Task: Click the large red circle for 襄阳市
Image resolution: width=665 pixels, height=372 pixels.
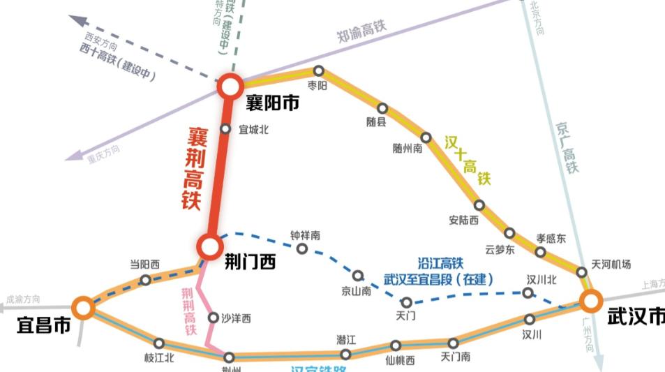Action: click(x=230, y=87)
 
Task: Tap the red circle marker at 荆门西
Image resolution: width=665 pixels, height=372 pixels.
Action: click(x=209, y=246)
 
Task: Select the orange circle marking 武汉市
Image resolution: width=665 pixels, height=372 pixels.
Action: click(x=590, y=302)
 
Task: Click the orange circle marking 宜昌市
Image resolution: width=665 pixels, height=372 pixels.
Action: click(x=83, y=307)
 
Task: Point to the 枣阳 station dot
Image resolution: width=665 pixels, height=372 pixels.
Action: click(x=318, y=70)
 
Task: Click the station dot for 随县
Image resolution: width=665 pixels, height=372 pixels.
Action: click(x=382, y=108)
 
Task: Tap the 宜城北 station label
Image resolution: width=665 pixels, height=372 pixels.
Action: click(x=254, y=129)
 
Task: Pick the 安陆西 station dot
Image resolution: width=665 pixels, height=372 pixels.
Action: click(x=479, y=205)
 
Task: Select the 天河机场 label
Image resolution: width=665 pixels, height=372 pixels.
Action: click(x=611, y=264)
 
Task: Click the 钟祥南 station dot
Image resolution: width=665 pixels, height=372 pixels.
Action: click(x=302, y=249)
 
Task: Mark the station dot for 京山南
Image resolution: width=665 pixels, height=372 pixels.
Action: click(x=357, y=276)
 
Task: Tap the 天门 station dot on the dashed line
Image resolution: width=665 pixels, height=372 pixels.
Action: click(x=408, y=302)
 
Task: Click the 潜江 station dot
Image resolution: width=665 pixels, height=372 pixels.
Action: click(x=345, y=355)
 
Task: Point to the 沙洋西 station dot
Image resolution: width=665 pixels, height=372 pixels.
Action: click(x=214, y=318)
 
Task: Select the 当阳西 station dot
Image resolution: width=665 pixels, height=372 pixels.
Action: click(x=145, y=280)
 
